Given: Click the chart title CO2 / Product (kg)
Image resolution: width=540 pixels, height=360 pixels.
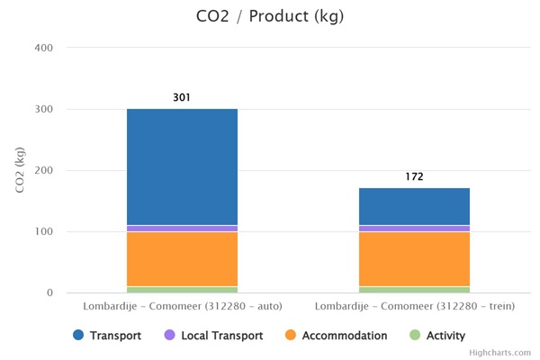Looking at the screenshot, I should coord(270,16).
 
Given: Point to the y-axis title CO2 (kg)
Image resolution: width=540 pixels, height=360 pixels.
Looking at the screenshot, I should coord(20,169).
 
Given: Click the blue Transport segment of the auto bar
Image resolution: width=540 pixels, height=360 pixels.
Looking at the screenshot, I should coord(182,166).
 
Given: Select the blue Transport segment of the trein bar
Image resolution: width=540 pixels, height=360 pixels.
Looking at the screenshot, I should coord(414,206).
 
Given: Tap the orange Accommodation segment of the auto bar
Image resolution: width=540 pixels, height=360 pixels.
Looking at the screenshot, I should coord(182,259).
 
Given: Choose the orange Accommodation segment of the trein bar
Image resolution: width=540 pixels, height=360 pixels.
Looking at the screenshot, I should coord(414,259).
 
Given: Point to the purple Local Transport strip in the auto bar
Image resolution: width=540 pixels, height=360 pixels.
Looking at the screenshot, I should coord(182,229).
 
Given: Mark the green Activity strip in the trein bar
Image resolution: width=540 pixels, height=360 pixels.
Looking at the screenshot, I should coord(414,290).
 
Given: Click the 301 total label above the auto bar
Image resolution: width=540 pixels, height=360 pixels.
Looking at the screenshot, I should coord(182,97).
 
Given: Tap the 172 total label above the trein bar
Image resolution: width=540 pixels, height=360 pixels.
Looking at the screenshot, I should coord(414,176).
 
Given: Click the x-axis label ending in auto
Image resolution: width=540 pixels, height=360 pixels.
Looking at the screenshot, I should coord(182,307).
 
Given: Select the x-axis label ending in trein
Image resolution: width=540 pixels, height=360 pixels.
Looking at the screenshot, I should coord(414,307).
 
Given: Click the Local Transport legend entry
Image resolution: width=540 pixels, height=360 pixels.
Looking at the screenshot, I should coord(213,336).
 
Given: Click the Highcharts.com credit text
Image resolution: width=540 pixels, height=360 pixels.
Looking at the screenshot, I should coord(506,353).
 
